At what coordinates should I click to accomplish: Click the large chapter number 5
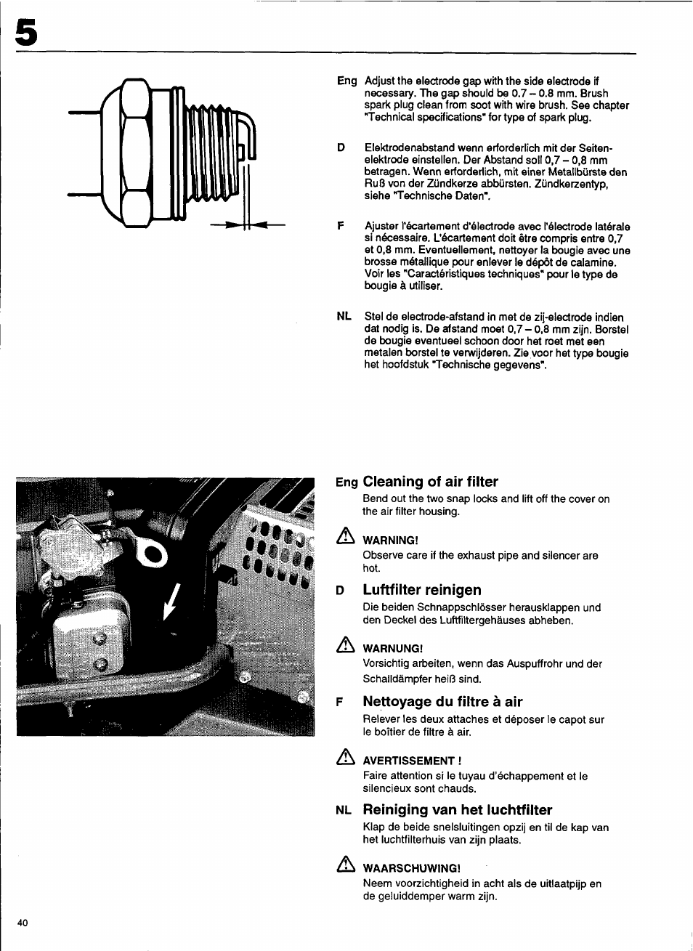pos(25,33)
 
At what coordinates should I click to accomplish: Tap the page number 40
pos(23,923)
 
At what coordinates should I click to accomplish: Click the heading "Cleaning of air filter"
pos(430,482)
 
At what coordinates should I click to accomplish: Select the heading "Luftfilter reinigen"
pos(422,590)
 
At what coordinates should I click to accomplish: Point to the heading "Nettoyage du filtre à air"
pos(442,702)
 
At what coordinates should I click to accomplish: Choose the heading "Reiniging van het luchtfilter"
pos(457,810)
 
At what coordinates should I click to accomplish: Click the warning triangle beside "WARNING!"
pos(345,538)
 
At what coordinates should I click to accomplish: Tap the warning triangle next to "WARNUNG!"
pos(345,646)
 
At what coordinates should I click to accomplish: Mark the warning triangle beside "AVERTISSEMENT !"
pos(345,758)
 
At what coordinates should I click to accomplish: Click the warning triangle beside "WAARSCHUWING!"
pos(345,865)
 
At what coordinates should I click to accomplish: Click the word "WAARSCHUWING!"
pos(411,868)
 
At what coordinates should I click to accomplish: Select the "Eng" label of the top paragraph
pos(346,81)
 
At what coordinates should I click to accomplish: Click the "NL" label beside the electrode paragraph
pos(344,316)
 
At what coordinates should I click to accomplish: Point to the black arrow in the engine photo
pos(171,602)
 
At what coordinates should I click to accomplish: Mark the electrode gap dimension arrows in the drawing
pos(247,226)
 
